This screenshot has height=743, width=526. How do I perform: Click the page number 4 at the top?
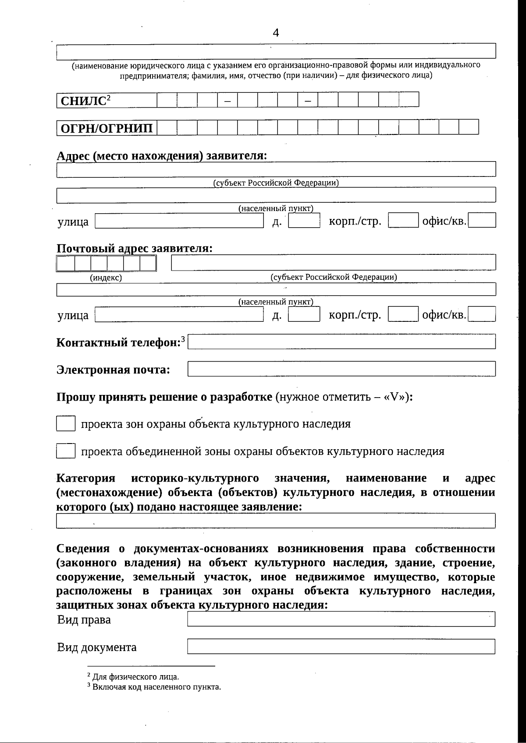point(276,33)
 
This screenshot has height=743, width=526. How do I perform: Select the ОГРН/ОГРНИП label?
point(107,128)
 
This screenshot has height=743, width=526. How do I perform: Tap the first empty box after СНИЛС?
point(167,100)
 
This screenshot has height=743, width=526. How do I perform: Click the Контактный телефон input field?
point(341,342)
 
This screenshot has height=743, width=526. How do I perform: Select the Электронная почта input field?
point(341,369)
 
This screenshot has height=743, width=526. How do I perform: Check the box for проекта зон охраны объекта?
point(66,424)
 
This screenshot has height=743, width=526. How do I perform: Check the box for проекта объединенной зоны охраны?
point(66,451)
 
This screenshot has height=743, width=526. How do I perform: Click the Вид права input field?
point(341,620)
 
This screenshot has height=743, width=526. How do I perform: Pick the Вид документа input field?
point(341,647)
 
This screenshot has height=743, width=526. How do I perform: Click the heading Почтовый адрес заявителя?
point(135,248)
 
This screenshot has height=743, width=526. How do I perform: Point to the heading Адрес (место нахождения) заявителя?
point(162,156)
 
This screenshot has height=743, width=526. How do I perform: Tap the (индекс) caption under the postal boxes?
point(106,278)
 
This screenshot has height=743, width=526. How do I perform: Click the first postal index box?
point(66,264)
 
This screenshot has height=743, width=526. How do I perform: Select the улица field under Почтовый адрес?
point(179,315)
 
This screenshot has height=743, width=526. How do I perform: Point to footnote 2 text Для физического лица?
point(135,677)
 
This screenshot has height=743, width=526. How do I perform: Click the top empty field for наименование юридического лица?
point(276,51)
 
